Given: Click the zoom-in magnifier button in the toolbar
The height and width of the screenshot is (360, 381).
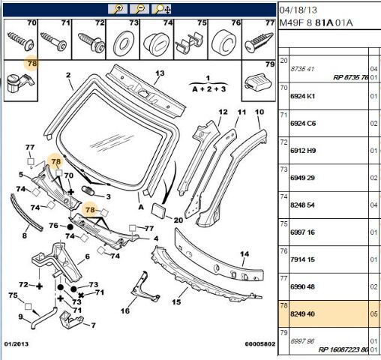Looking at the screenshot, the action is [118, 9].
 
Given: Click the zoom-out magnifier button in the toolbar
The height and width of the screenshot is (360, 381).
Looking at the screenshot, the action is [139, 9].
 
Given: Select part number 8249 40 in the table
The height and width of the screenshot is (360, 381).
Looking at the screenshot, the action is [302, 314].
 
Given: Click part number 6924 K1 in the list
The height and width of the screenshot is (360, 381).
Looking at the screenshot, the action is [303, 96].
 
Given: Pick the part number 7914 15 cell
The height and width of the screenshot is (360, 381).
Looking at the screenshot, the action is [302, 259].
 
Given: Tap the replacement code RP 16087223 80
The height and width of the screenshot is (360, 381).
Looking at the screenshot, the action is [343, 349].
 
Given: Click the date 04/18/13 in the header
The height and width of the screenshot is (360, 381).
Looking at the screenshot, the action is [298, 10].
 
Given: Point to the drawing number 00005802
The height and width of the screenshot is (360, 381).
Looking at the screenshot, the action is [260, 344].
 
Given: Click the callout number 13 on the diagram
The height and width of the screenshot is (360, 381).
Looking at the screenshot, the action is [160, 73].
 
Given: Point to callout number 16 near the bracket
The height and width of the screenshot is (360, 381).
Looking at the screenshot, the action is [125, 311].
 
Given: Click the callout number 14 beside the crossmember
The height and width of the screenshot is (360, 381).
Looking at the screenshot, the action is [244, 254].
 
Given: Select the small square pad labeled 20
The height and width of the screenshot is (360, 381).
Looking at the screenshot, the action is [159, 210].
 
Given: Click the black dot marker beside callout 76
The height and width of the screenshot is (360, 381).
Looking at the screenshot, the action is [70, 227].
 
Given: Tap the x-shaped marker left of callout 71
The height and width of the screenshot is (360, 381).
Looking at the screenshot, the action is [81, 295].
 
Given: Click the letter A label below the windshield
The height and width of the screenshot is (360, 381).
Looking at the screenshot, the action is [141, 207].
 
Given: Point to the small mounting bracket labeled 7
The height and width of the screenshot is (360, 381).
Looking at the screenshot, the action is [70, 319].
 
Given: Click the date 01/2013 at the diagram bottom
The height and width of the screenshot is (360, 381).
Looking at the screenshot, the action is [16, 344].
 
